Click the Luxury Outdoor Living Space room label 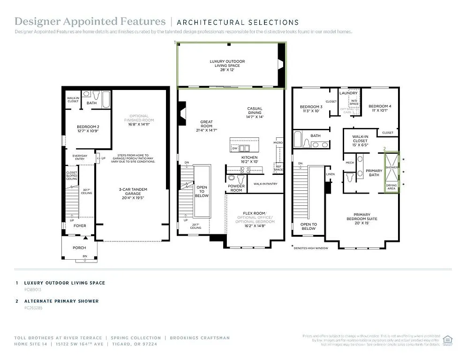(x=227, y=63)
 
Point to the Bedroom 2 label (x=88, y=129)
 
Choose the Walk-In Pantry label (x=265, y=184)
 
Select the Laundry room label (x=349, y=93)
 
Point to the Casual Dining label (x=255, y=111)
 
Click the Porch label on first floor (x=79, y=247)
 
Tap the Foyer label (x=80, y=225)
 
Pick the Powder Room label (x=236, y=188)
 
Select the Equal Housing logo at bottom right (x=448, y=339)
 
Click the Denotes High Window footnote (x=310, y=248)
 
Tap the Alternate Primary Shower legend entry (x=61, y=301)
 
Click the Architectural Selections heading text (x=238, y=22)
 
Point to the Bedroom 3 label (x=311, y=109)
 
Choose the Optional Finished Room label (x=139, y=118)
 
